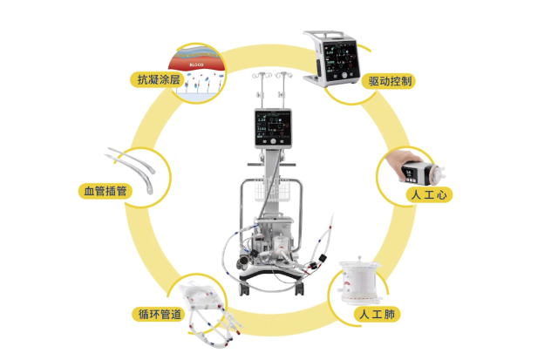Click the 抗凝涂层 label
pos(157,80)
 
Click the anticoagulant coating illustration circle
pos(198,70)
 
